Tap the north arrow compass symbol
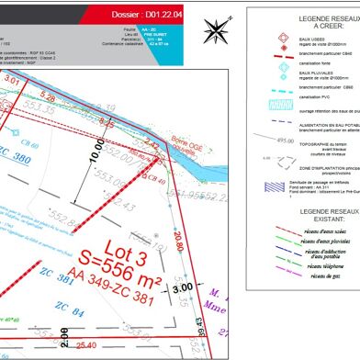pos(217,30)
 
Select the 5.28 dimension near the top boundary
pos(48,96)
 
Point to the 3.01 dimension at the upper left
pos(12,81)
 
